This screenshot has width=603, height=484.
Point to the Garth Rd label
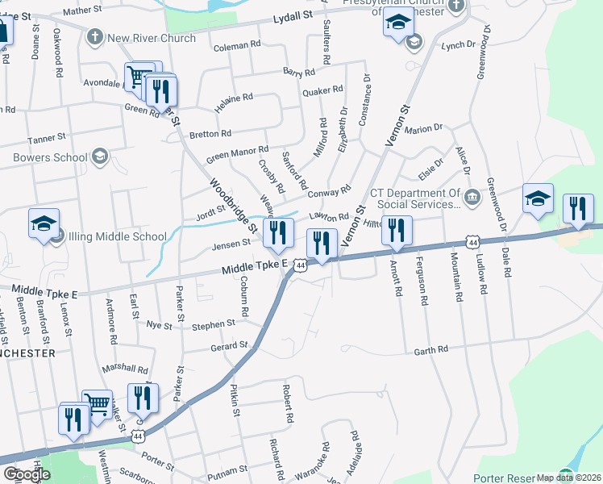[430, 350]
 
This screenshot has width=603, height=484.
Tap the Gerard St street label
[229, 346]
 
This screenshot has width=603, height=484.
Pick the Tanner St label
[45, 139]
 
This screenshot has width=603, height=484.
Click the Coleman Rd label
[238, 47]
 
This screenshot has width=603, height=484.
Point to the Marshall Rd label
[125, 369]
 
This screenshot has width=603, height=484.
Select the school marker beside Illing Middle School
[44, 223]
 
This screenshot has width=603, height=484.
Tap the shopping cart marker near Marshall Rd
[98, 403]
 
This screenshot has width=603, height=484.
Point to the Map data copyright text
[569, 478]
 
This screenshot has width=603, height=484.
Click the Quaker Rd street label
[317, 92]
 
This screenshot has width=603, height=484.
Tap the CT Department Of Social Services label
[415, 198]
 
